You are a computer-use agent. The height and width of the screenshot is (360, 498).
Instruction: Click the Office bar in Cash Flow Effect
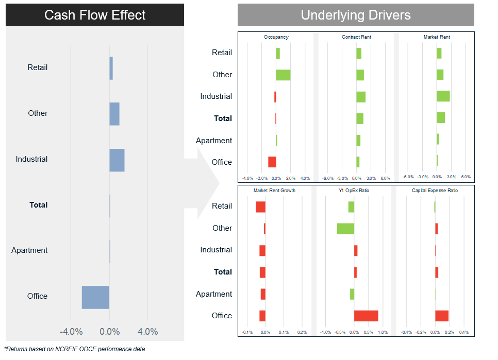tap(95, 297)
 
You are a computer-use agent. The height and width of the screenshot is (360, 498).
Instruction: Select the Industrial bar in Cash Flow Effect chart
tap(117, 160)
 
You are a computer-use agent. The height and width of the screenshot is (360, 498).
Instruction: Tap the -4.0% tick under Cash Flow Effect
tap(71, 332)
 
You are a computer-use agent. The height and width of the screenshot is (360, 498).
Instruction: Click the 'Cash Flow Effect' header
tap(95, 15)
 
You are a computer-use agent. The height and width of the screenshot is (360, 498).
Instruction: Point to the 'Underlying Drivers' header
tap(356, 15)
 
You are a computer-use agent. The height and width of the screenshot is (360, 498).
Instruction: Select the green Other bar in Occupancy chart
tap(283, 75)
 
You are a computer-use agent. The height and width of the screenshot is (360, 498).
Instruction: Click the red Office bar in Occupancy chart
tap(272, 162)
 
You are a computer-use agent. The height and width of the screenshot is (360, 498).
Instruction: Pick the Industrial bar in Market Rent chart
tap(443, 96)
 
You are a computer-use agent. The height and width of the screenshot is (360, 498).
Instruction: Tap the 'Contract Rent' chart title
tap(356, 37)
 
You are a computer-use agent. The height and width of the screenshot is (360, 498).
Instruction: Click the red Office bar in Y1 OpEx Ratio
tap(366, 316)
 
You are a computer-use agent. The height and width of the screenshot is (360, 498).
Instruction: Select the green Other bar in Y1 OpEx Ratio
tap(345, 228)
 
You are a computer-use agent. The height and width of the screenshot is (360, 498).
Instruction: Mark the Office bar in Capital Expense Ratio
tap(442, 316)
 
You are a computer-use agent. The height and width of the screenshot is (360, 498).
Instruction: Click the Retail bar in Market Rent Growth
tap(260, 207)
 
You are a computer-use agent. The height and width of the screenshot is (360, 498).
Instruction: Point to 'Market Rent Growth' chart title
tap(274, 191)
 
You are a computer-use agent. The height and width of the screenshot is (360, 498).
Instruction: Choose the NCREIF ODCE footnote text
tap(75, 349)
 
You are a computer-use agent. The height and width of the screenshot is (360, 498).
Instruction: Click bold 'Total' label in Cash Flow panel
tap(39, 205)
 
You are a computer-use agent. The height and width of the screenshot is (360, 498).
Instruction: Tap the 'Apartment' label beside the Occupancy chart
tap(214, 140)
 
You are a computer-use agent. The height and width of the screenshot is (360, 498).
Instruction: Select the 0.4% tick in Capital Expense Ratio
tap(463, 332)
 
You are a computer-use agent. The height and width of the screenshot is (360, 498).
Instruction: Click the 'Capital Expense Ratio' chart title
tap(435, 191)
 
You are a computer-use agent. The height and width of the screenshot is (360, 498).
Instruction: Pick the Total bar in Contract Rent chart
tap(360, 118)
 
